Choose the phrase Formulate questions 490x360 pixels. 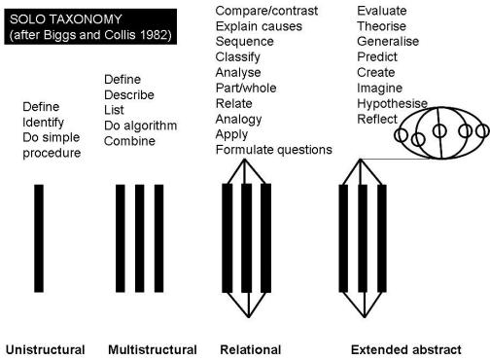click(273, 150)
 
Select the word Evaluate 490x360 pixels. click(386, 10)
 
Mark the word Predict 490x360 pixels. click(379, 56)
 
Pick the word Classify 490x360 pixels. click(238, 56)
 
